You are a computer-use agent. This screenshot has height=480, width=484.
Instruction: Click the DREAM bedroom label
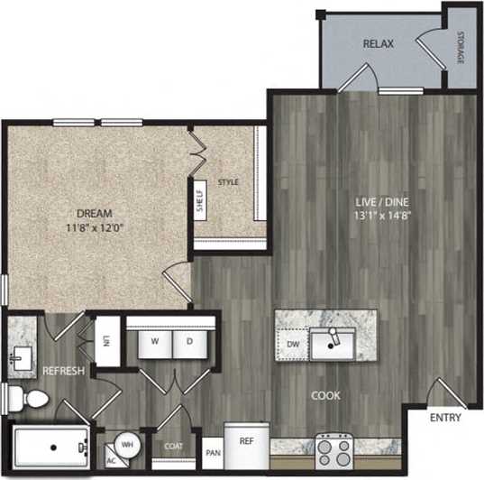click(94, 214)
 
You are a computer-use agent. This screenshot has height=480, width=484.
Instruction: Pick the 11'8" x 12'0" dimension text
click(94, 228)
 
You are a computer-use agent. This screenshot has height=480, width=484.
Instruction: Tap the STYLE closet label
click(229, 183)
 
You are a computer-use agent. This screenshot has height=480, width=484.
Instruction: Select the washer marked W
click(156, 341)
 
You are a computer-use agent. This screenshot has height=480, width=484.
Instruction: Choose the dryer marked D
click(189, 341)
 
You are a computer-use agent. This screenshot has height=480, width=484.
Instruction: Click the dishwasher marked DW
click(290, 344)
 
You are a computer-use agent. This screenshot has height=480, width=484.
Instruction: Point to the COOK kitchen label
click(325, 395)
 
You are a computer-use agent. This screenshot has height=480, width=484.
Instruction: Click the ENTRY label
click(444, 418)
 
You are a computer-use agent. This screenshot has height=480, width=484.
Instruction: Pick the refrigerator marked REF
click(245, 441)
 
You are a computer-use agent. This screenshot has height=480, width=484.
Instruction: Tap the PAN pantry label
click(213, 452)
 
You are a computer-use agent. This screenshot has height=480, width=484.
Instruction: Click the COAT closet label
click(174, 445)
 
